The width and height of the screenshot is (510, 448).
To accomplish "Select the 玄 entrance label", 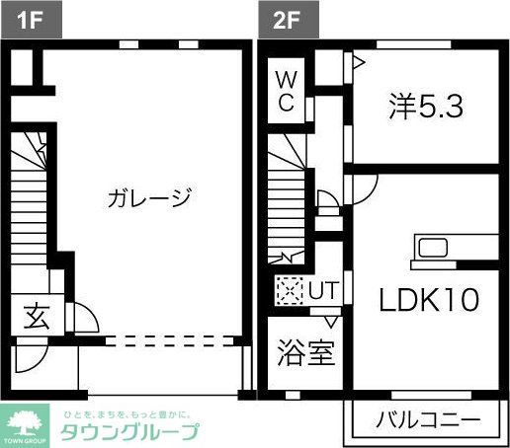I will pos(36,318).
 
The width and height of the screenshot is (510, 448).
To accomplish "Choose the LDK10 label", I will pos(429,299).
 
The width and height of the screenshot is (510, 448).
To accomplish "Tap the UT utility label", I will pos(322,292).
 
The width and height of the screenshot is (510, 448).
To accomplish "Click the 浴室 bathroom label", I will pos(304,353).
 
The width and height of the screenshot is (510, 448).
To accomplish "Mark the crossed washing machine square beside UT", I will pos(289,291).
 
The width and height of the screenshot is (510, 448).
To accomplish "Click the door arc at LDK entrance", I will pos(362,187).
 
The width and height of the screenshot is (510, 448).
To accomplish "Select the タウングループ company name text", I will pos(129,432).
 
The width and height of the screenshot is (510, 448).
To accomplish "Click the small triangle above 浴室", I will pos(331,321).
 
